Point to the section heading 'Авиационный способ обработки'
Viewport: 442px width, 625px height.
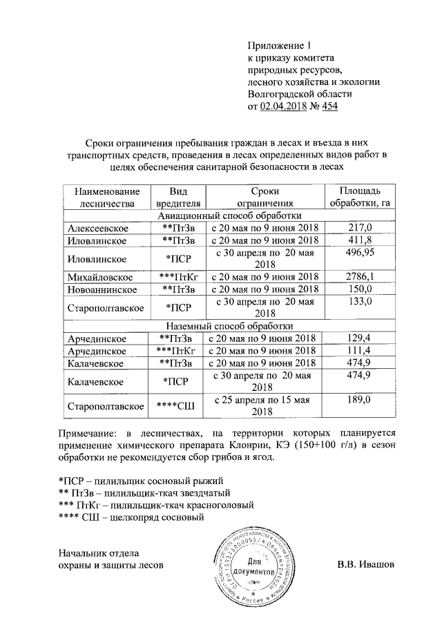point(228,215)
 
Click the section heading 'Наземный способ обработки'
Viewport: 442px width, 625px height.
point(228,325)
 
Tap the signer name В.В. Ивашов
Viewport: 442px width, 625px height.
point(365,564)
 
